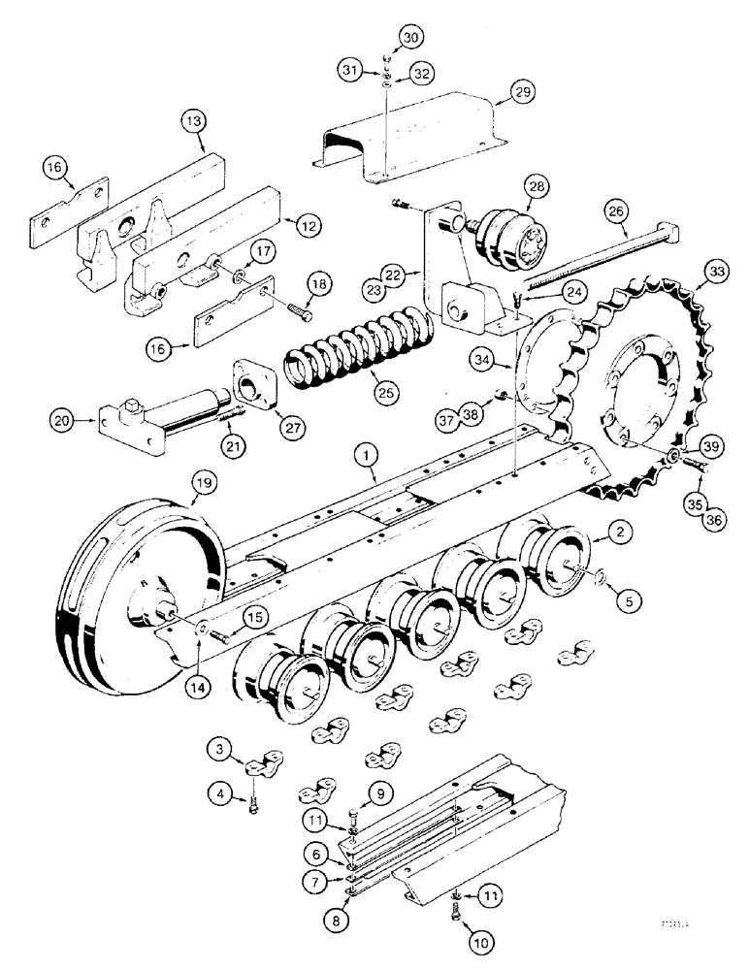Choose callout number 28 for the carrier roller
point(538,187)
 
